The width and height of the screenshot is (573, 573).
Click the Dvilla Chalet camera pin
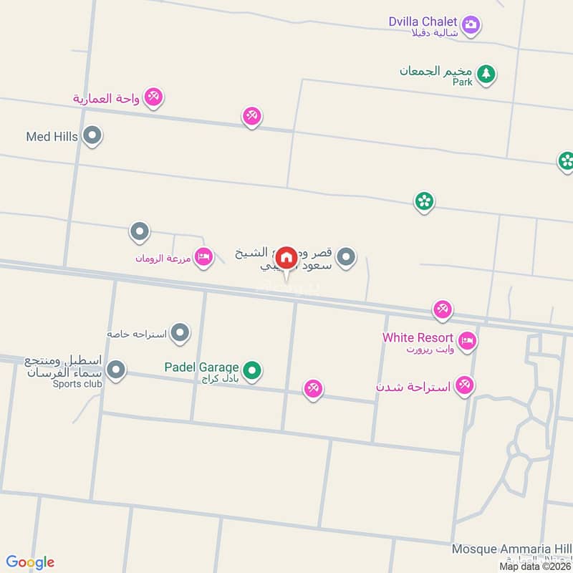(471, 25)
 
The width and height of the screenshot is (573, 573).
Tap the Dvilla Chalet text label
(423, 22)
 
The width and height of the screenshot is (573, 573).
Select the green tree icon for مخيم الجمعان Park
(487, 73)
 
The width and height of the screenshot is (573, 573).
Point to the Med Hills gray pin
(92, 135)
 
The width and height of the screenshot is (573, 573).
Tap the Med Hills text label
(52, 136)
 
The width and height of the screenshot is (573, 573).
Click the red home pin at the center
(286, 257)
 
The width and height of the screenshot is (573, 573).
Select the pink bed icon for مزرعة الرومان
(204, 256)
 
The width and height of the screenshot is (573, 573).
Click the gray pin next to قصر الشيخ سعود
(346, 256)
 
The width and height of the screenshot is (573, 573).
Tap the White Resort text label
(418, 337)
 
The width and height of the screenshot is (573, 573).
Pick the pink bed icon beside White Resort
(467, 341)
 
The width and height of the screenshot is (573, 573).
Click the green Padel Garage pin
(251, 370)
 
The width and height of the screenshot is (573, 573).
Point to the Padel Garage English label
(201, 367)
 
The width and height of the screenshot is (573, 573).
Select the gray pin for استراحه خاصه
(180, 332)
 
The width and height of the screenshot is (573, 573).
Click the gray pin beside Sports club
(116, 370)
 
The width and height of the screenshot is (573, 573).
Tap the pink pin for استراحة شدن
(465, 386)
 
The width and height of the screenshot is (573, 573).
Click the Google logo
(30, 562)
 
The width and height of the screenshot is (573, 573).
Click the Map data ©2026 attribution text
(535, 567)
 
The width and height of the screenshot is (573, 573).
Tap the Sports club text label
(77, 384)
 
